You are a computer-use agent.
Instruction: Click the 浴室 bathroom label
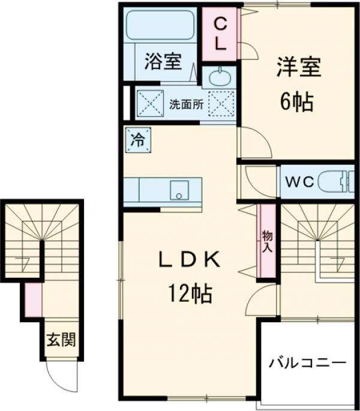click(163, 61)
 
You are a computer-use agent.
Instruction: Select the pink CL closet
click(220, 34)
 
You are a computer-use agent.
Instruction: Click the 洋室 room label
click(298, 66)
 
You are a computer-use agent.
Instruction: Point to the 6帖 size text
click(297, 103)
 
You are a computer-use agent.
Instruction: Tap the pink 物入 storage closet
click(266, 240)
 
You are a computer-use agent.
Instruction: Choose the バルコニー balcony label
click(307, 363)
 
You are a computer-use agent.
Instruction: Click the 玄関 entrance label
click(61, 340)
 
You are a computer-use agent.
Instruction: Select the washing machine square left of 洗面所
click(149, 103)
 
